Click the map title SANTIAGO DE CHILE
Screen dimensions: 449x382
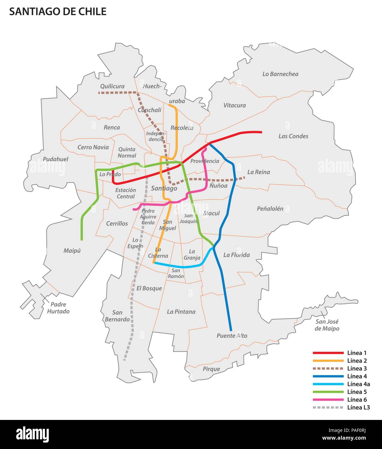point(58,12)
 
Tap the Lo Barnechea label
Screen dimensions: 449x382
point(280,74)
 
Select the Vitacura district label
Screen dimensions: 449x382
point(234,105)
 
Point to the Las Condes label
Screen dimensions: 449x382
point(293,136)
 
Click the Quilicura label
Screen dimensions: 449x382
point(112,86)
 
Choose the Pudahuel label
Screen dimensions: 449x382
point(56,159)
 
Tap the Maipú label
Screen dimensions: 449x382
point(72,251)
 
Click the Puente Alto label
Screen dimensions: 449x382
point(232,336)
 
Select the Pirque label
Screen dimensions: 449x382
point(211,369)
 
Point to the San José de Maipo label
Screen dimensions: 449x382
point(327,325)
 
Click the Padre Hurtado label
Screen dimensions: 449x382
point(58,308)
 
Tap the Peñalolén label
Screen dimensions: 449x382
point(270,209)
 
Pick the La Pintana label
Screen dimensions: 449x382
point(181,312)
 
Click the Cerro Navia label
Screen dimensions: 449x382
point(93,147)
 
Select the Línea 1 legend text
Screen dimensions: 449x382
point(357,353)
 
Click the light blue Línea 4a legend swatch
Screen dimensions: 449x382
point(328,384)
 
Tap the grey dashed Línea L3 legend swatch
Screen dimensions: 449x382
point(328,407)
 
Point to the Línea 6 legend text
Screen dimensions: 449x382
point(357,400)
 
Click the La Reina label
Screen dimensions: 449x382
point(259,172)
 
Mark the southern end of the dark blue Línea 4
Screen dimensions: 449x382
point(231,330)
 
